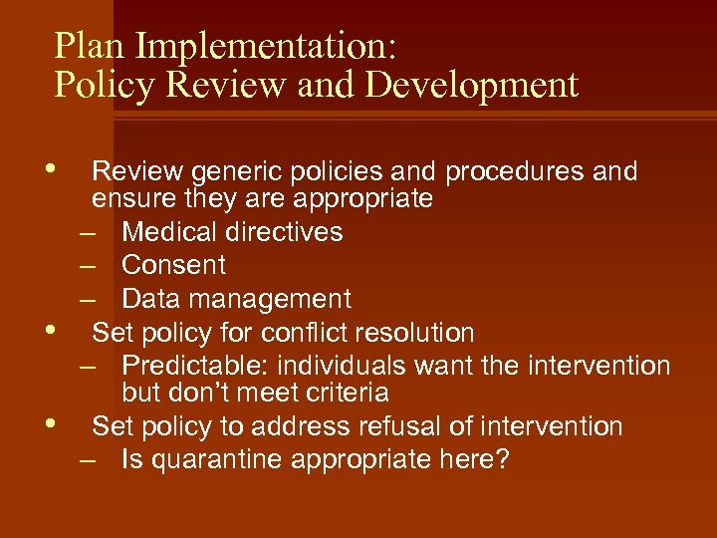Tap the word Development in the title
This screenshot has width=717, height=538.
click(x=472, y=85)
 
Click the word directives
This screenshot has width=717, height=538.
click(x=285, y=232)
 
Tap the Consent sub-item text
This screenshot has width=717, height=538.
click(x=173, y=265)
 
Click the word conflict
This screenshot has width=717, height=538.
click(x=300, y=332)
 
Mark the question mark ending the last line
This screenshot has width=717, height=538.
click(x=500, y=460)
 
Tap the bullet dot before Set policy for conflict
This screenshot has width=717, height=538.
click(x=64, y=326)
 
